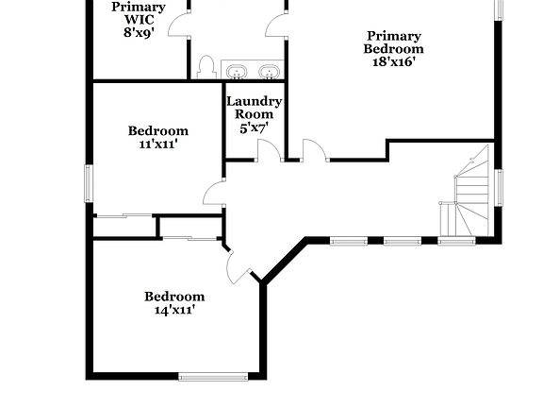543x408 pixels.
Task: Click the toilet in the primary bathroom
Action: [206, 67]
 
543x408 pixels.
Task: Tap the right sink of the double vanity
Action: [270, 71]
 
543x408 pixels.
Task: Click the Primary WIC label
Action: [139, 12]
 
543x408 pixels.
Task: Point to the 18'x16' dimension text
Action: [394, 62]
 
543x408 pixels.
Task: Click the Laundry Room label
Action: [254, 108]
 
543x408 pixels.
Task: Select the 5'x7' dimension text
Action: [254, 128]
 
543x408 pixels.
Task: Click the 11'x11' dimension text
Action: [158, 144]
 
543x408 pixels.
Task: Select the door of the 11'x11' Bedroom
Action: [214, 194]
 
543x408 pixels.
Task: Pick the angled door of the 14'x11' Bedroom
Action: [237, 263]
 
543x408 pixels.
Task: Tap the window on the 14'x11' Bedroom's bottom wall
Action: [213, 377]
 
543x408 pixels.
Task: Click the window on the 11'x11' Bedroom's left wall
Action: [90, 182]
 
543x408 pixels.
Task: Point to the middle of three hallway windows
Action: [402, 241]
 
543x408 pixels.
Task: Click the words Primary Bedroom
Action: [394, 42]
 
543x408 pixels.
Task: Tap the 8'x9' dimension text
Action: [139, 31]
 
